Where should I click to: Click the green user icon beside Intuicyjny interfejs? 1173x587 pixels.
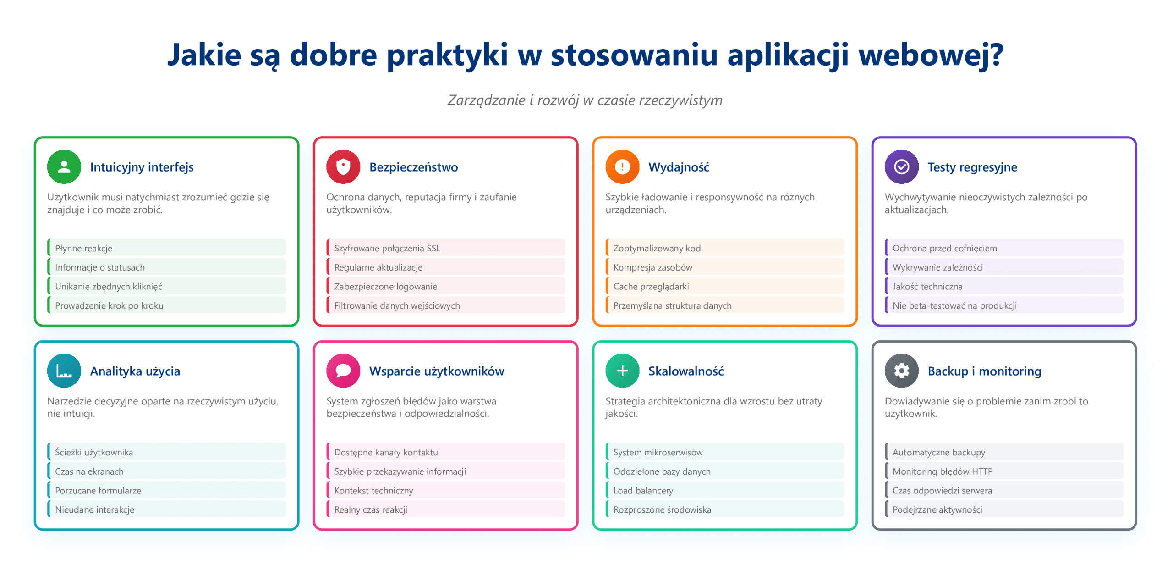pos(64,167)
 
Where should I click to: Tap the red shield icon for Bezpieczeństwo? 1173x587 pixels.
pos(343,167)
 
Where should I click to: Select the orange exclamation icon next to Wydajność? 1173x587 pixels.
pos(622,167)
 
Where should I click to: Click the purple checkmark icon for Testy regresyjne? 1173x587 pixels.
pos(901,167)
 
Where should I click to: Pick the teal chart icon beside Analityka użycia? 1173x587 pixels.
pos(64,371)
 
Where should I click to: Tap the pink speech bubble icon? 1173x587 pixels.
pos(343,371)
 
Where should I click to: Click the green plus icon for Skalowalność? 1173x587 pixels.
pos(622,371)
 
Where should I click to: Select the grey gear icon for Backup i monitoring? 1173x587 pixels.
pos(901,371)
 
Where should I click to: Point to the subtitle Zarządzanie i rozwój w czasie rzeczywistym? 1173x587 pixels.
pos(585,100)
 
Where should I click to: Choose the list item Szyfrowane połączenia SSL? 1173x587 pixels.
pos(387,248)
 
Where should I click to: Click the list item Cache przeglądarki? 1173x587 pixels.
pos(651,286)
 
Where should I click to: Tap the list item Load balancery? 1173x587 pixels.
pos(643,490)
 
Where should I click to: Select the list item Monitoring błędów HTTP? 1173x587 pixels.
pos(942,471)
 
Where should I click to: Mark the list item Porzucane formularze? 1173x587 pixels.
pos(98,490)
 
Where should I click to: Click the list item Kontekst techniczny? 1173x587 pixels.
pos(373,490)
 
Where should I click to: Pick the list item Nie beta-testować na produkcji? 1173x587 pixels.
pos(954,305)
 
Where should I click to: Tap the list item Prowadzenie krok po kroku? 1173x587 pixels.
pos(109,305)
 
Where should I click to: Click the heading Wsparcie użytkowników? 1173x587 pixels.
pos(437,371)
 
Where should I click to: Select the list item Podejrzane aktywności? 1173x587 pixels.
pos(937,509)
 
